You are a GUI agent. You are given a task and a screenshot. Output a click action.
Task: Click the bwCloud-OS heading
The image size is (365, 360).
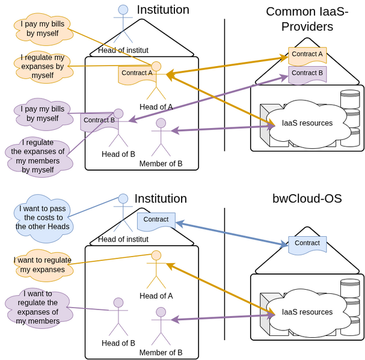(307, 199)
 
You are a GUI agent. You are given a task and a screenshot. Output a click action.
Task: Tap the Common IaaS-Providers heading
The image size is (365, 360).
(307, 19)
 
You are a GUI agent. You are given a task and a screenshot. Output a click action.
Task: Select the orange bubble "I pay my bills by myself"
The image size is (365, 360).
(43, 28)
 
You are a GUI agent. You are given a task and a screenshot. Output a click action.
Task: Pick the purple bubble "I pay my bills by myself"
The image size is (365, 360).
(43, 114)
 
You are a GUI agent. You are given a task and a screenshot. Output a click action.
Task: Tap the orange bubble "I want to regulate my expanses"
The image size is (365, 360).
(42, 265)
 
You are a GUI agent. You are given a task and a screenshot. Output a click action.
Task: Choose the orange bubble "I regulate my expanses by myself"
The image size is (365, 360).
(43, 67)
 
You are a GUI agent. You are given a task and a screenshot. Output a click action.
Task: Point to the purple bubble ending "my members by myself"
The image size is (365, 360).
(38, 156)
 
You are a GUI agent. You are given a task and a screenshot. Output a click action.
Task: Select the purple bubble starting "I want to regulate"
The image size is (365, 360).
(38, 307)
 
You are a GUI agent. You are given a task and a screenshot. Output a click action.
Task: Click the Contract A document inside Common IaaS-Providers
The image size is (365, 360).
(307, 55)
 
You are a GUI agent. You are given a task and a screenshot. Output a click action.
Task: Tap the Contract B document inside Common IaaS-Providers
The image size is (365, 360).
(307, 73)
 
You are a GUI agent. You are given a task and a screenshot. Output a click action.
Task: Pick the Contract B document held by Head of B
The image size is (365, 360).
(99, 121)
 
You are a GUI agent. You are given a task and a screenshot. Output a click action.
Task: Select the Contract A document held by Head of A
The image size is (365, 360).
(136, 73)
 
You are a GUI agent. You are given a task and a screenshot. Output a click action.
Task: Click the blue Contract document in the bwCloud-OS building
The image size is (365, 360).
(307, 243)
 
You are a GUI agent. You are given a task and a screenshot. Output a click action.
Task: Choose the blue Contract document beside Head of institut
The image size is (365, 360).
(156, 220)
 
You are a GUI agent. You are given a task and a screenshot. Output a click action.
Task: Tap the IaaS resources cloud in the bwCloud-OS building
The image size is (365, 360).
(307, 312)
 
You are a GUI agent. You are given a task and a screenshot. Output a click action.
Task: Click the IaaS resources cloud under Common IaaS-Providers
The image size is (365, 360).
(307, 123)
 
